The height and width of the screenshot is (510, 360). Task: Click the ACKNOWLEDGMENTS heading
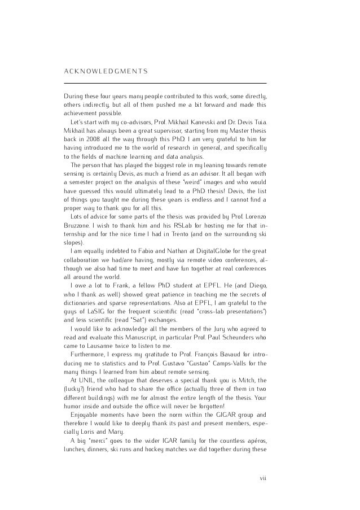tap(106, 70)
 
